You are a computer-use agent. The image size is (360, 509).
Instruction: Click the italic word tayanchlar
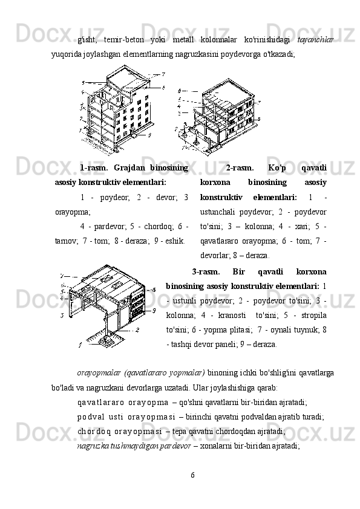(315, 40)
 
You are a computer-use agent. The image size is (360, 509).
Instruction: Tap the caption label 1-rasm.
(94, 168)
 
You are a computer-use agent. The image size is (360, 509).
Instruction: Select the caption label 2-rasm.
(240, 168)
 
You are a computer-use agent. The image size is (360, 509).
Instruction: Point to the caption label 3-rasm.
(206, 271)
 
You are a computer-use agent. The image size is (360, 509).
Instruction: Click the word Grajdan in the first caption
(128, 168)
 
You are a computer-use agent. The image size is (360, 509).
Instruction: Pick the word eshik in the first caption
(176, 241)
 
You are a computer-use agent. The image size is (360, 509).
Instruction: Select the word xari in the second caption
(301, 227)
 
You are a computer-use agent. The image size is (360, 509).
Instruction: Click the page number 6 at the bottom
(192, 475)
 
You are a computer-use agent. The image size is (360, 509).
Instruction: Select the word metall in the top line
(183, 40)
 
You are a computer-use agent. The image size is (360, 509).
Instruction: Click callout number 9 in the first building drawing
(149, 135)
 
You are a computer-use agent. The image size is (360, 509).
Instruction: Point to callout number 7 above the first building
(163, 74)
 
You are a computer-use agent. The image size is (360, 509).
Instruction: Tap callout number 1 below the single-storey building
(80, 346)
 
